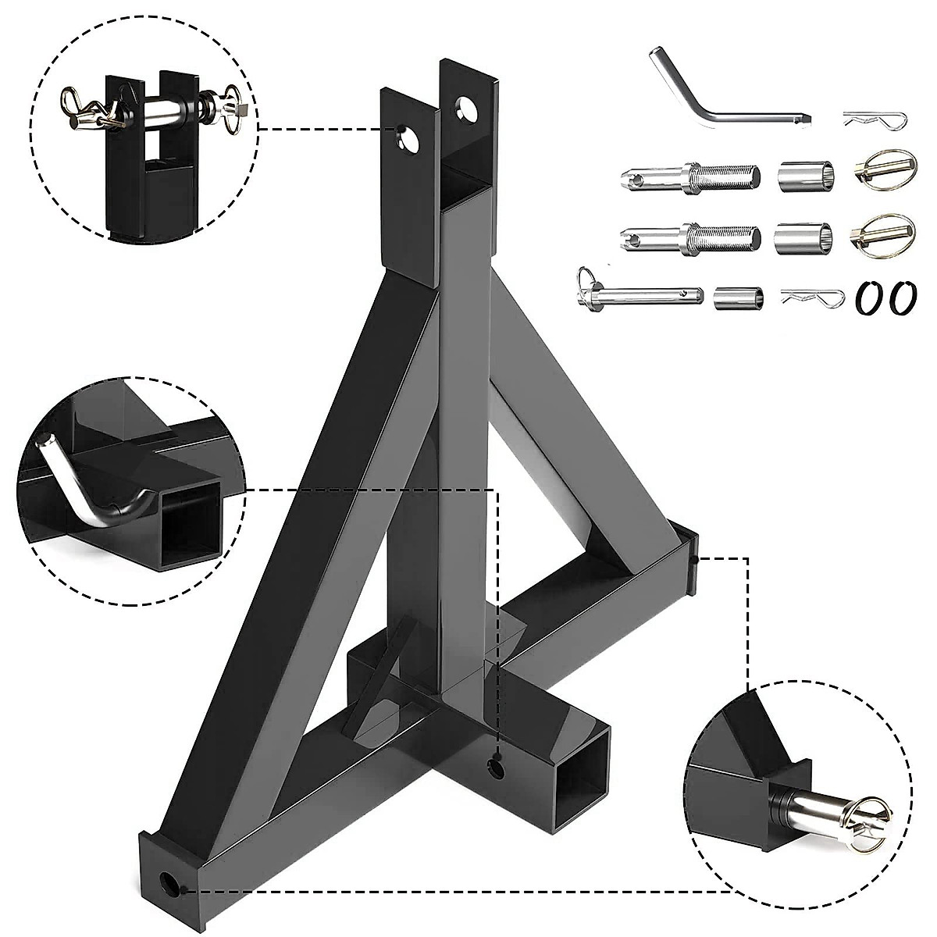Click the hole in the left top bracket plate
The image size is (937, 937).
(407, 138)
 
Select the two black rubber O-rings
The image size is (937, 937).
(884, 297)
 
